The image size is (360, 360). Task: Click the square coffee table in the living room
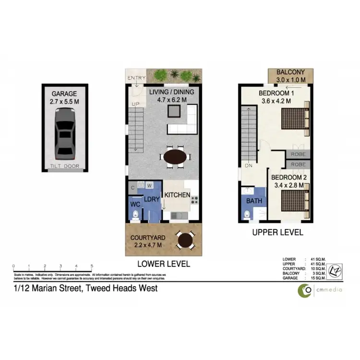coord(174,112)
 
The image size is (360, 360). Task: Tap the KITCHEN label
coord(177,195)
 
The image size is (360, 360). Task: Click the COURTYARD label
coord(148,238)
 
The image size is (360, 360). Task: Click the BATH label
coord(254,201)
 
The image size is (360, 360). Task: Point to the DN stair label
coord(249,166)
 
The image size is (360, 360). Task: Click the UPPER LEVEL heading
coord(278,232)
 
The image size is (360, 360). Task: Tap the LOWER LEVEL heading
coord(164,264)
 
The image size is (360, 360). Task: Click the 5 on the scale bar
coord(91,265)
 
